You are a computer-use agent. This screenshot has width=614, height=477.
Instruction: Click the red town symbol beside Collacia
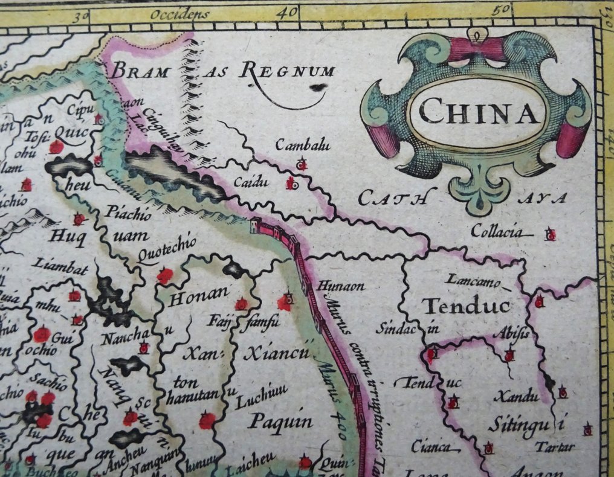[x=550, y=235]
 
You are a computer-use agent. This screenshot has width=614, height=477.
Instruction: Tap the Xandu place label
[x=515, y=397]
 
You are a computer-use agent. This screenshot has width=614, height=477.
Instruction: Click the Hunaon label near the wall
[x=333, y=287]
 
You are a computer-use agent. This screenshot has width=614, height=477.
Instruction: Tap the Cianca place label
[x=431, y=447]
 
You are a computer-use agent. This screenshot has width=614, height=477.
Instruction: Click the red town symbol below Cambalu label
[x=302, y=164]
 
